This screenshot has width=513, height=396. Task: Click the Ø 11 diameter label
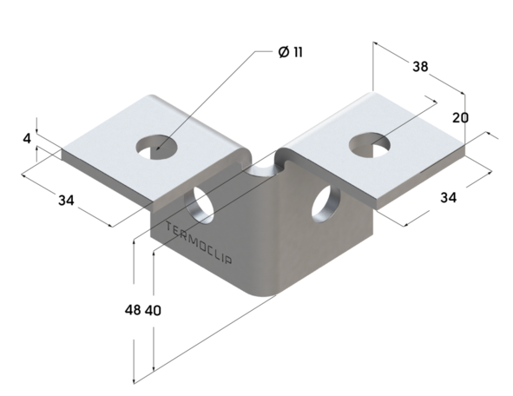[291, 52]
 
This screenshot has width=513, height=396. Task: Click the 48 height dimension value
[133, 310]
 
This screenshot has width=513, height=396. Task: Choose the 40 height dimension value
[153, 310]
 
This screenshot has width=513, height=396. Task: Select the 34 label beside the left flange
[66, 201]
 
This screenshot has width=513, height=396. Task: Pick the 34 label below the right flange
[447, 197]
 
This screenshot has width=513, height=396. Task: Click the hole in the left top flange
[155, 146]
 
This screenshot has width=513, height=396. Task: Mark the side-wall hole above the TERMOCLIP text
[203, 202]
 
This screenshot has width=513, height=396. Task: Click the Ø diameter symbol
[283, 52]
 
